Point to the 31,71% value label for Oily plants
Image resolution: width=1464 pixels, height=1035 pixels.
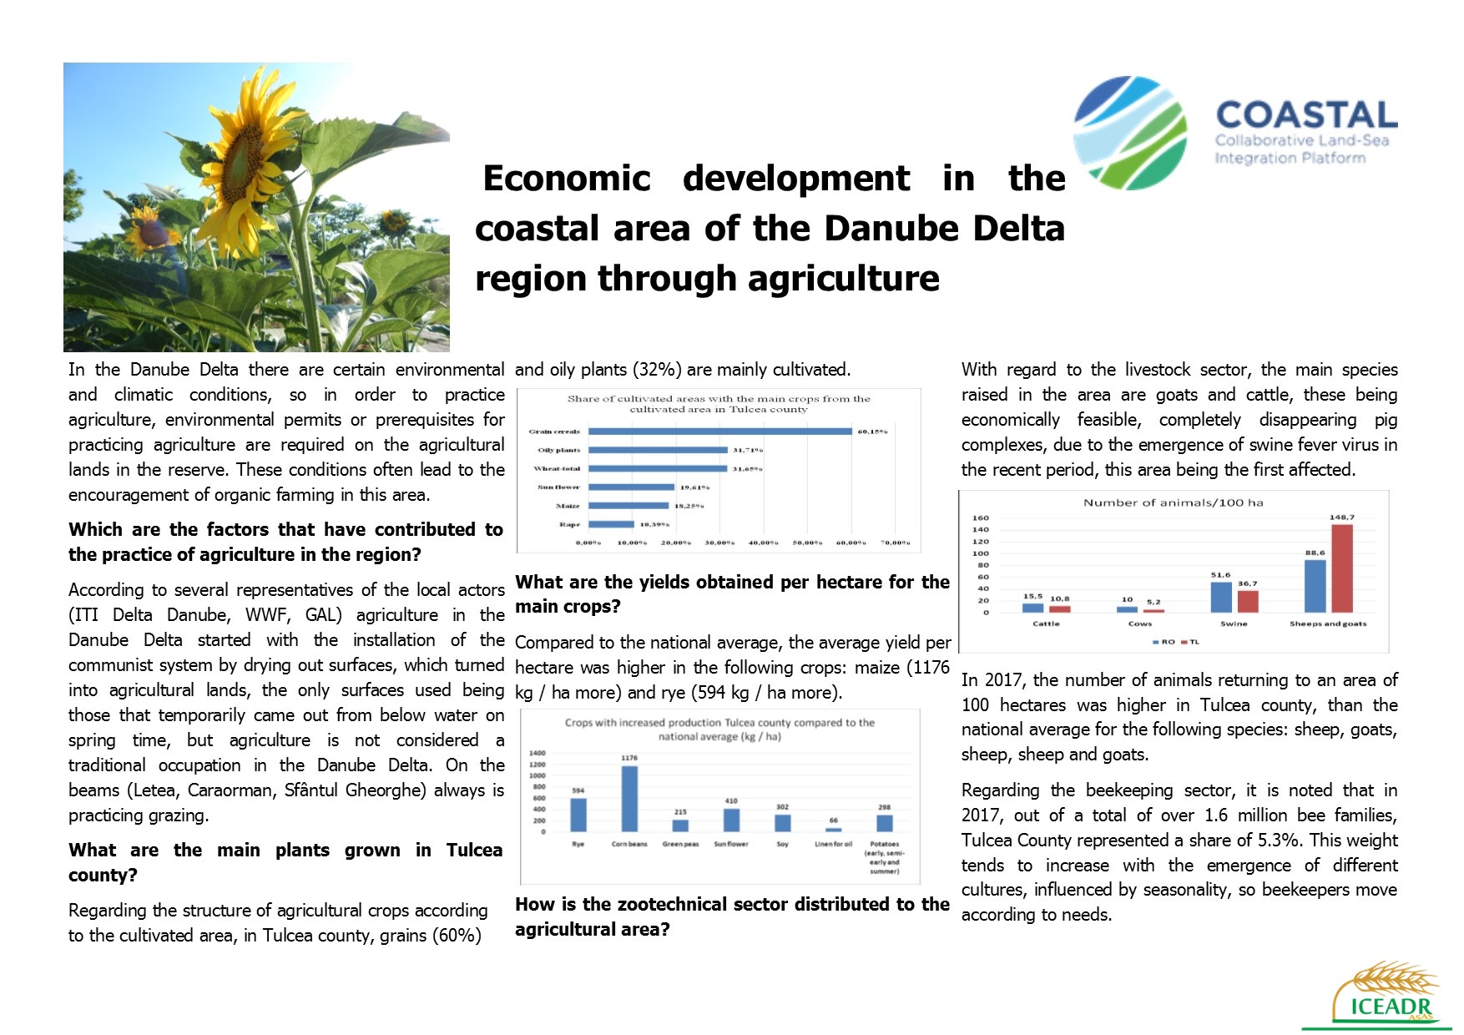(x=748, y=451)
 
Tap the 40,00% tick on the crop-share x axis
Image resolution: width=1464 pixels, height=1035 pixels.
(x=764, y=543)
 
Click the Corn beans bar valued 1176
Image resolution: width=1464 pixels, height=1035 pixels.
(x=629, y=799)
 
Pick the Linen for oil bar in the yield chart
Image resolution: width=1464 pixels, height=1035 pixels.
(x=833, y=830)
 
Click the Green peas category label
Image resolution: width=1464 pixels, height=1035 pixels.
(x=680, y=845)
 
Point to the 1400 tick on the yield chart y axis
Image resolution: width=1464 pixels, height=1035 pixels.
(x=537, y=754)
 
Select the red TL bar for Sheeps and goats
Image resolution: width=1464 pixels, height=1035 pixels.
(x=1342, y=568)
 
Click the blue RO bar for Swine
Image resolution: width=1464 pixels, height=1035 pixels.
(x=1221, y=597)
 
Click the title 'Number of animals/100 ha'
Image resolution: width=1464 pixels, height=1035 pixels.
(x=1173, y=502)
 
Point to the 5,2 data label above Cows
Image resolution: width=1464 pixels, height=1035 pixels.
(x=1154, y=602)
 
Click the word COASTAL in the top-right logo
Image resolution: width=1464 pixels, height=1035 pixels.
(x=1306, y=115)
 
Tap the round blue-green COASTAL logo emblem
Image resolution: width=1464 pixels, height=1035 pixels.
(x=1129, y=133)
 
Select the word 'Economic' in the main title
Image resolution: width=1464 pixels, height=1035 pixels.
(x=567, y=179)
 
